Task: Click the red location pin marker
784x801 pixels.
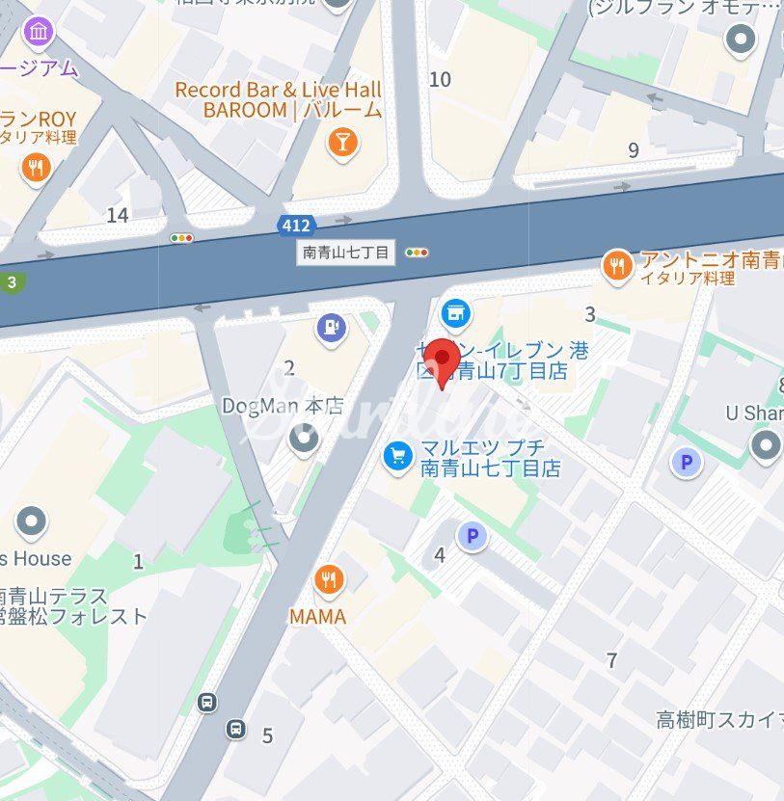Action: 443,360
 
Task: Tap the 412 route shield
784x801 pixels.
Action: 295,226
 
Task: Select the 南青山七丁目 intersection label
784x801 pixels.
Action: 345,254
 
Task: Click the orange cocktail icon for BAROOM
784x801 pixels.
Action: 341,144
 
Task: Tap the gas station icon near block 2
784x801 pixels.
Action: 332,328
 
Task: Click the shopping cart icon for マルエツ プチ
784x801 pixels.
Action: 397,455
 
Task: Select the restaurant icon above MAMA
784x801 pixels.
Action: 329,579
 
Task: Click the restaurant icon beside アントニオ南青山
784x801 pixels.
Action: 616,265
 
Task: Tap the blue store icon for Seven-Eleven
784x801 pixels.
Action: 456,311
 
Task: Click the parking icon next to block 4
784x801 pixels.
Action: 472,536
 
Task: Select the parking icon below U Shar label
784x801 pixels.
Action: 687,464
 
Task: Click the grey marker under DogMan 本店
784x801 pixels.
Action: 305,440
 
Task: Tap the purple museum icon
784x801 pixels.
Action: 39,32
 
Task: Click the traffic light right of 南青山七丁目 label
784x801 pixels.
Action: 418,254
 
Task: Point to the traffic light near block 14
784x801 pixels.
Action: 181,238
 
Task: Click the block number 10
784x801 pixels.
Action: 440,80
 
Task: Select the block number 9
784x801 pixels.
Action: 634,149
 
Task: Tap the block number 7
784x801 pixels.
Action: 611,660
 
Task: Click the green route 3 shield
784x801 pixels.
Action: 11,282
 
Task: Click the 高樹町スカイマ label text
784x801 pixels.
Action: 719,719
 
